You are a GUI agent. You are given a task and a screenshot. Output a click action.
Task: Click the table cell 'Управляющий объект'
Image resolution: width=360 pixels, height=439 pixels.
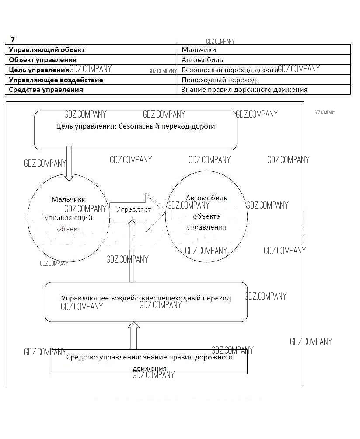click(47, 50)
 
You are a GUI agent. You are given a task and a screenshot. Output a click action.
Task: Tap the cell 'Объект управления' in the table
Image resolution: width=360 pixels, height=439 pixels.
click(43, 60)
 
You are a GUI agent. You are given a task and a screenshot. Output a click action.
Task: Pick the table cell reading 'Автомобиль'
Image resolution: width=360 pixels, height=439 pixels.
click(202, 60)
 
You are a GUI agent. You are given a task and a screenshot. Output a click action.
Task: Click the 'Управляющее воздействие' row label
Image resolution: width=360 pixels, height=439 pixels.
click(56, 80)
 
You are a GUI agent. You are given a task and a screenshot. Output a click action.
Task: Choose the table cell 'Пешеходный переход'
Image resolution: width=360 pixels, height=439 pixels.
click(219, 80)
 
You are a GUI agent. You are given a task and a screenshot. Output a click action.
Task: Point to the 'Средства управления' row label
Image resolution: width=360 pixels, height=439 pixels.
click(46, 90)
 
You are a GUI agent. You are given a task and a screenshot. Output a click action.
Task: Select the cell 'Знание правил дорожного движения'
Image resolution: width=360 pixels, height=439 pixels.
click(244, 90)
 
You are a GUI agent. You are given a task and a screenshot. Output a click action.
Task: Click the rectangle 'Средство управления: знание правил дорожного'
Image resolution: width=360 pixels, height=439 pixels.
click(149, 362)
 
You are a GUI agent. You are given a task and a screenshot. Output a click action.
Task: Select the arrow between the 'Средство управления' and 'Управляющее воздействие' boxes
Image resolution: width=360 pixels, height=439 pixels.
click(134, 335)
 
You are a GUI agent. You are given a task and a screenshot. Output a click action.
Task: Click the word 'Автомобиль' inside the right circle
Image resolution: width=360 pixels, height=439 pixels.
click(206, 198)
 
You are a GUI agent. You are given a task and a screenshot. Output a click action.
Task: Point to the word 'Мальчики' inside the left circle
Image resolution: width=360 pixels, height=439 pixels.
click(69, 199)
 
